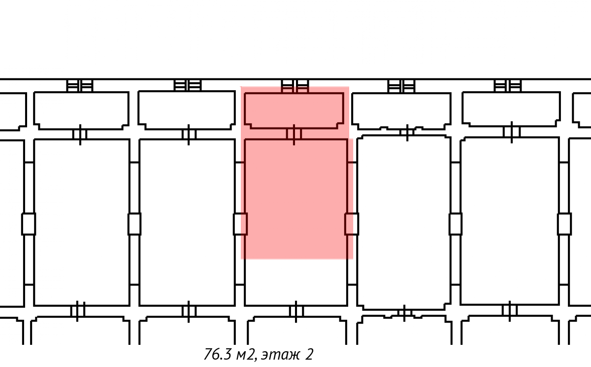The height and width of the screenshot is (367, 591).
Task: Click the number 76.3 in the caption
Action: [217, 354]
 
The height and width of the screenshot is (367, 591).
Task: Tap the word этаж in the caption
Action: [280, 355]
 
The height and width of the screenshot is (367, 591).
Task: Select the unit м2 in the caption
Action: [246, 354]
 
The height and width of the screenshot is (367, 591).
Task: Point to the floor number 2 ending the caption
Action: [309, 354]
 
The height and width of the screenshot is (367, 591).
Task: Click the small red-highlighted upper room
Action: [294, 110]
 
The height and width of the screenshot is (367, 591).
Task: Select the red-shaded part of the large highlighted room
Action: [296, 199]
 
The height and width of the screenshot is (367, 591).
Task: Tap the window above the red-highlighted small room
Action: [295, 86]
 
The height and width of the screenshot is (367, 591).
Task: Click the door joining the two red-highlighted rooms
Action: [294, 134]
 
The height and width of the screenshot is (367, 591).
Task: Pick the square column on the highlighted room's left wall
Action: [240, 224]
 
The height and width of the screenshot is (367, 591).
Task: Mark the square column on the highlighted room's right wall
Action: [352, 224]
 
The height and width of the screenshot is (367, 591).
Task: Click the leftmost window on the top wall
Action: [79, 86]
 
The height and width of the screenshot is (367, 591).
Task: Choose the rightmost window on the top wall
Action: [508, 86]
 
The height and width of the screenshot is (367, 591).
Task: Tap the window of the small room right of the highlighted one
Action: [401, 86]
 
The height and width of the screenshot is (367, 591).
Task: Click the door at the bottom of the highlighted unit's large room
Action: [296, 312]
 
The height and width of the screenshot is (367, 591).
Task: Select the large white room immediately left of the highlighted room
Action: [187, 222]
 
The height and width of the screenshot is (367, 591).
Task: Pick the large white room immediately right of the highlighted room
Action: [404, 222]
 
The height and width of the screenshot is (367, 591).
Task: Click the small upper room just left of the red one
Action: [187, 110]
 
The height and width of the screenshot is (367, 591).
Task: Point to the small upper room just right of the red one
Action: [401, 111]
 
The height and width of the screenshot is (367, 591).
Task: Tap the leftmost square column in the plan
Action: [29, 224]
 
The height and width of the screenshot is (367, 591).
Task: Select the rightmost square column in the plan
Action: [564, 224]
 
